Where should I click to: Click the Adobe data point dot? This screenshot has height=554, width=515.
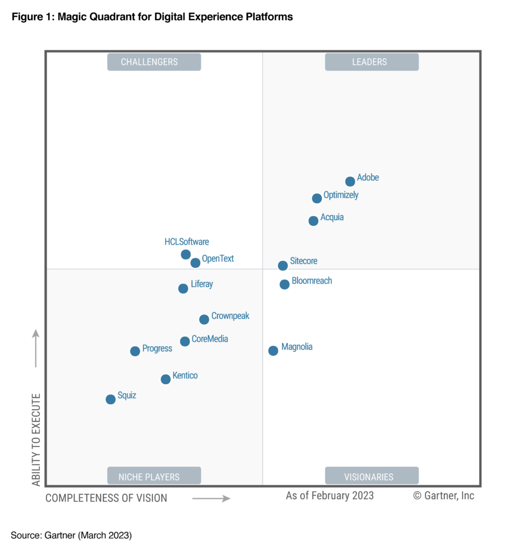pos(350,181)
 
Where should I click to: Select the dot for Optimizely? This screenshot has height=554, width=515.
pos(317,199)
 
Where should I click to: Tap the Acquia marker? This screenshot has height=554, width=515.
pos(313,221)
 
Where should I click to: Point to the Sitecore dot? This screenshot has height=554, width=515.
pos(282,266)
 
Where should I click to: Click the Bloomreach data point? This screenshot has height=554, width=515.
pos(285,285)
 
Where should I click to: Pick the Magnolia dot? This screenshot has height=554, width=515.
pos(273,351)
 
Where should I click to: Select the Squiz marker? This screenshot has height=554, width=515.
pos(110,399)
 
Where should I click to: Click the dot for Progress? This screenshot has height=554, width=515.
pos(135,351)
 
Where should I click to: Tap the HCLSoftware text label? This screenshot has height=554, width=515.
pos(187,242)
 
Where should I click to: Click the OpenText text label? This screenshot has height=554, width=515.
pos(218,259)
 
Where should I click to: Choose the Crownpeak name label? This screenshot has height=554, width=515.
pos(230,316)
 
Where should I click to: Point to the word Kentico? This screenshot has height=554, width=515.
pos(185,375)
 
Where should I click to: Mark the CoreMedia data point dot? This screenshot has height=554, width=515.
pos(185,341)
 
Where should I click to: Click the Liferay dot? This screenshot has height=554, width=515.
pos(183,288)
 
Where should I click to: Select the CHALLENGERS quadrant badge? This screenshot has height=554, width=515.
pos(154,62)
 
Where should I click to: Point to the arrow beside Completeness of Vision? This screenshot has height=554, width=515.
pos(212,498)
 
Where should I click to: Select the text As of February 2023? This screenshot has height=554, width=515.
pos(329,496)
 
